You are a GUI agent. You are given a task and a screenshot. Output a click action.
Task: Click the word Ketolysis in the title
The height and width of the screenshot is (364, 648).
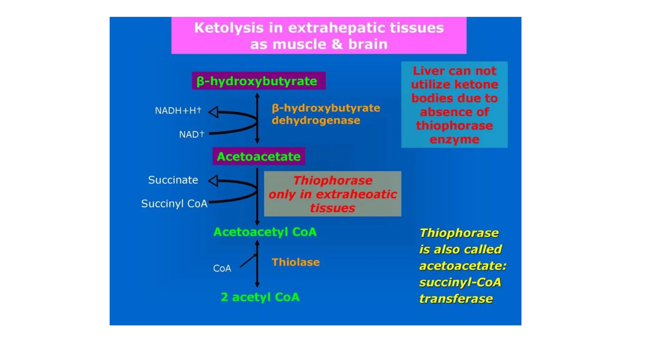pyautogui.click(x=228, y=28)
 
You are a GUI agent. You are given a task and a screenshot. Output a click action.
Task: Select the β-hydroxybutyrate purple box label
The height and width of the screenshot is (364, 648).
pyautogui.click(x=258, y=81)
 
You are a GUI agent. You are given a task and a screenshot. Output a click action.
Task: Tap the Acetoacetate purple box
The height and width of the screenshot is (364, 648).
pyautogui.click(x=259, y=156)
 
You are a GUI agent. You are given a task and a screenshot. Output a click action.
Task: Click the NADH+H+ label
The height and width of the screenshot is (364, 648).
pyautogui.click(x=178, y=111)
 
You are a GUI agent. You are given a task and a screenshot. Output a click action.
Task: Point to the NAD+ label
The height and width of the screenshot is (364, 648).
pyautogui.click(x=191, y=134)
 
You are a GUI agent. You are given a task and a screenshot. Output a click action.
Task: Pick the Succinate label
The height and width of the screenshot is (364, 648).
pyautogui.click(x=173, y=180)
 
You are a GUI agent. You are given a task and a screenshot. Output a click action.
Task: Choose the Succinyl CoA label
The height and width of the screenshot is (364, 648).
pyautogui.click(x=174, y=203)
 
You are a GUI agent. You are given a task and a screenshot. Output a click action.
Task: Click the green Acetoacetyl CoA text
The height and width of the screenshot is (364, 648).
pyautogui.click(x=265, y=232)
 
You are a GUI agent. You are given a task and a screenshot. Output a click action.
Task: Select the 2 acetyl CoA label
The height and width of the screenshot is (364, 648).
pyautogui.click(x=260, y=297)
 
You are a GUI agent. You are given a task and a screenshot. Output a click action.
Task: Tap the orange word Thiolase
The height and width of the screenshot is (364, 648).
pyautogui.click(x=296, y=262)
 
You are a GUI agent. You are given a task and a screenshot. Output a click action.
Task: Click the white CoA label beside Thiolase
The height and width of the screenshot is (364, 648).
pyautogui.click(x=222, y=268)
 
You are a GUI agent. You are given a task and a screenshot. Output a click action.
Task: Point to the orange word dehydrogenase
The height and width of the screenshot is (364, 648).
pyautogui.click(x=316, y=120)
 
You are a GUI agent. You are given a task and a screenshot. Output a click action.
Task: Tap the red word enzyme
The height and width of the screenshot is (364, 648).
pyautogui.click(x=454, y=139)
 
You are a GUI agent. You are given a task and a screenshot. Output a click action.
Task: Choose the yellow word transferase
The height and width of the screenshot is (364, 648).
pyautogui.click(x=456, y=299)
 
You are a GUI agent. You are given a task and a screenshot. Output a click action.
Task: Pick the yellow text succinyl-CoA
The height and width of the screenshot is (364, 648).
pyautogui.click(x=460, y=282)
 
